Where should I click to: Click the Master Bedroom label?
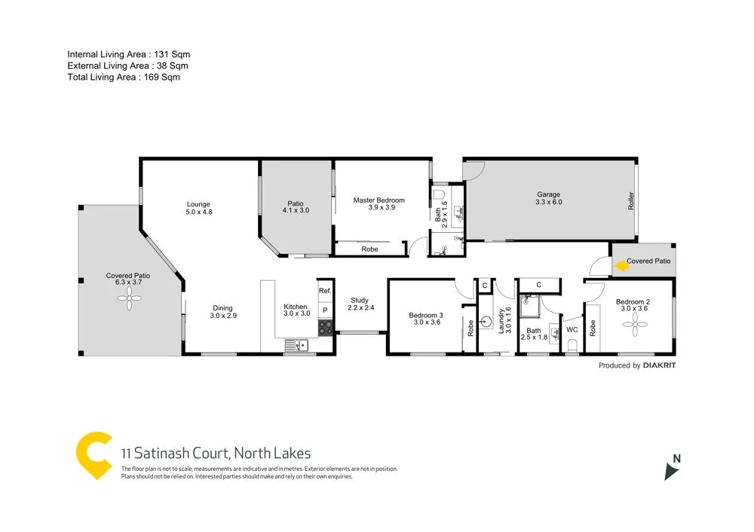(379, 200)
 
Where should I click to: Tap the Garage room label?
(548, 194)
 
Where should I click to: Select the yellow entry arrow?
(621, 265)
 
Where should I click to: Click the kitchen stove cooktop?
(325, 328)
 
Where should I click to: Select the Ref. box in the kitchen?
(325, 291)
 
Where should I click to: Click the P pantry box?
(325, 310)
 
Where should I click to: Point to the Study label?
(360, 300)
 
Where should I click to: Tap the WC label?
(572, 329)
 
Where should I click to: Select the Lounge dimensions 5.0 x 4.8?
(199, 212)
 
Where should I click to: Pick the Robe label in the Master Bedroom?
(369, 249)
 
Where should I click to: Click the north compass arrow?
(670, 471)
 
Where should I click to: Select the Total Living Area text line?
(124, 77)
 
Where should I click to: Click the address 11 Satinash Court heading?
(216, 453)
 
